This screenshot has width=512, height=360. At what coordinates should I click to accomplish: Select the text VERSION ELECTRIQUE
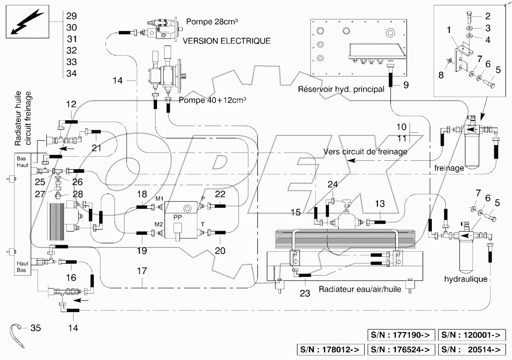tap(227, 41)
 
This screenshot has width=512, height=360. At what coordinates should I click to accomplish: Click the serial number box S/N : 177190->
tap(400, 334)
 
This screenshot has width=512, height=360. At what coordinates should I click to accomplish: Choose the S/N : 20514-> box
tap(472, 350)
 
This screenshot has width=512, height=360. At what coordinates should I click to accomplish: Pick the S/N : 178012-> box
tap(330, 350)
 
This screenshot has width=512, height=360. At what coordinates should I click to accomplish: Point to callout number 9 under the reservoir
tap(405, 85)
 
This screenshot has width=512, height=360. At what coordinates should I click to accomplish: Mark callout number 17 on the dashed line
tap(142, 272)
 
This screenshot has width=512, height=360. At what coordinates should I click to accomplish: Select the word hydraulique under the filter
tap(466, 279)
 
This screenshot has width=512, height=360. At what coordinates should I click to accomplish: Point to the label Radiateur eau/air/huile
tap(360, 289)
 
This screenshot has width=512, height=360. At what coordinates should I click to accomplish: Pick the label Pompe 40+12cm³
tap(210, 100)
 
